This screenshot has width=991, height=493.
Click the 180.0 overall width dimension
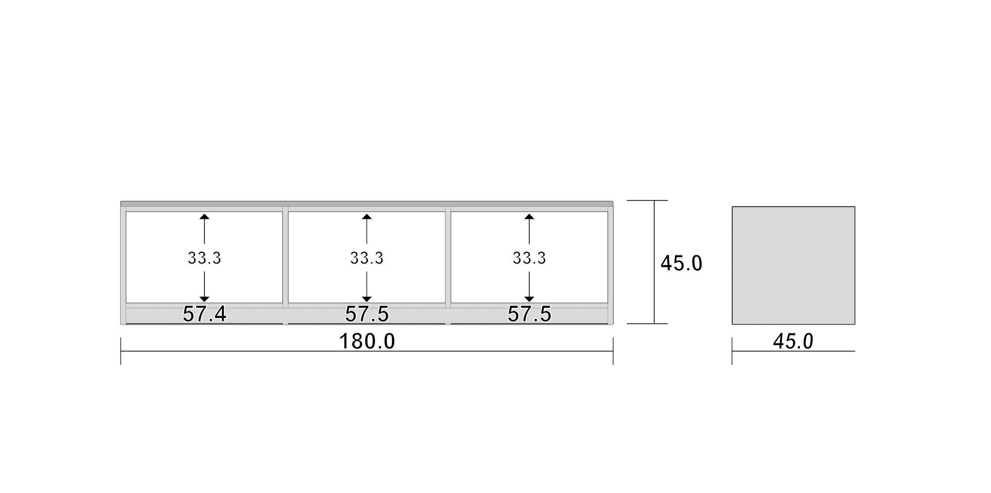point(367,342)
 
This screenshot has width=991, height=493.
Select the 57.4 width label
point(205,314)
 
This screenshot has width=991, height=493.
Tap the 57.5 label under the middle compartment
point(367,314)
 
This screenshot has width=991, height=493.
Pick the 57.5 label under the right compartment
point(529,314)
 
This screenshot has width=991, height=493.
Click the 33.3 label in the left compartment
point(205,258)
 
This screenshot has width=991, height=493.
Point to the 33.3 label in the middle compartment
point(367,258)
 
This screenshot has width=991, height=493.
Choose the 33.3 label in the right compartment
point(529,258)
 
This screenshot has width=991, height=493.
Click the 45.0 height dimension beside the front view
point(681,264)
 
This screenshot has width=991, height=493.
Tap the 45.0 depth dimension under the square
point(793,342)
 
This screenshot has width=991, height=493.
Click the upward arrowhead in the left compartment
point(205,217)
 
